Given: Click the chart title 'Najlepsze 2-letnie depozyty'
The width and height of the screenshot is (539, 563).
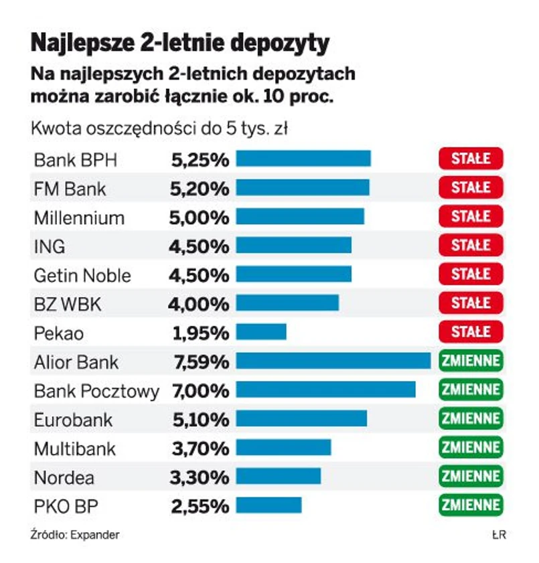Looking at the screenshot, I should [x=180, y=43].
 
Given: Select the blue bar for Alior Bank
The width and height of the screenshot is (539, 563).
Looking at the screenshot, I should [x=333, y=361].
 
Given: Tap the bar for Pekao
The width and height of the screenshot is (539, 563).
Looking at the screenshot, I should [x=261, y=331].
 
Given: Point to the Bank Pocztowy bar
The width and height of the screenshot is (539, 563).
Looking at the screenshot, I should [x=325, y=390].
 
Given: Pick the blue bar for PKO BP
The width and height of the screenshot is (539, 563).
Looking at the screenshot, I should [x=268, y=505].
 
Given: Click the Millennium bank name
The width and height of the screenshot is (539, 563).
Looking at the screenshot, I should [x=79, y=218].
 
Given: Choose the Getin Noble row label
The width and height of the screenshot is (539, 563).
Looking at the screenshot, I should [x=82, y=275].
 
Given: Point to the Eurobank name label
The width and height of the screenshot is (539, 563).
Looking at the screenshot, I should [x=73, y=420].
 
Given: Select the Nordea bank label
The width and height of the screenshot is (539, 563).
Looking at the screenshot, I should [x=64, y=478].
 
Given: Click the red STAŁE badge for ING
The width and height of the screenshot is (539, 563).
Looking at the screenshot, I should [x=471, y=246].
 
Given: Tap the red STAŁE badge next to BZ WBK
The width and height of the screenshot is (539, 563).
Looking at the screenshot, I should [x=471, y=303].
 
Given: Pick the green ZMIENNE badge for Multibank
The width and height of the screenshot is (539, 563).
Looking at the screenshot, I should [x=471, y=447].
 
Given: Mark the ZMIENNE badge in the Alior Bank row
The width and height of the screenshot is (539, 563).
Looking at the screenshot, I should [x=471, y=361].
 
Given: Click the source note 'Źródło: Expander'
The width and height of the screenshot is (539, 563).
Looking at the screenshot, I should [x=75, y=535].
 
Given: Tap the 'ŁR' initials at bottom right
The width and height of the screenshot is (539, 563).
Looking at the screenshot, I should [x=498, y=535].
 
